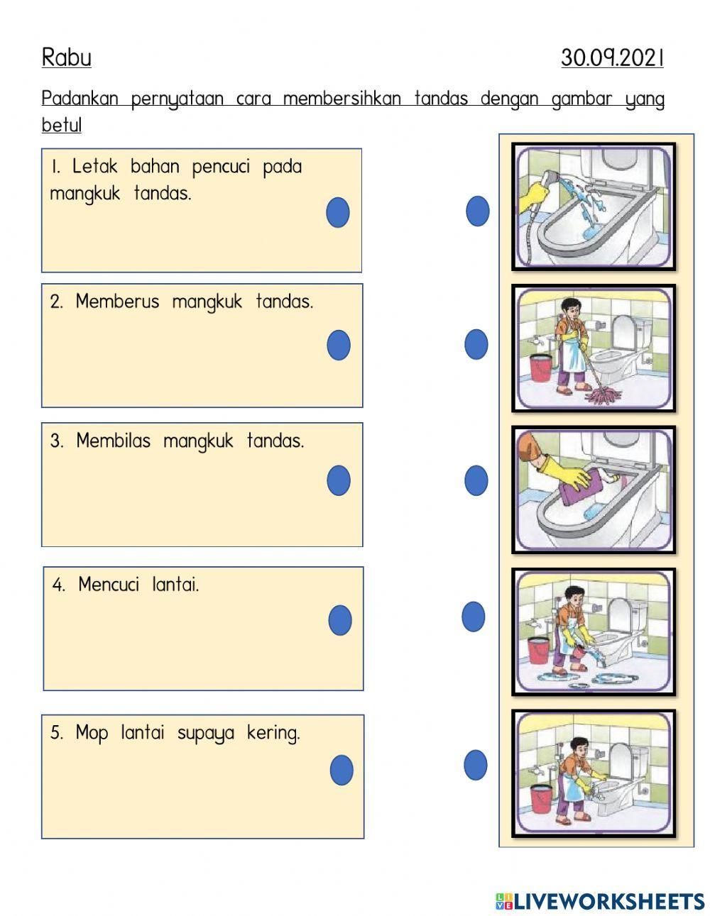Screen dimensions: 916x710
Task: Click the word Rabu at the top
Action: coord(66,57)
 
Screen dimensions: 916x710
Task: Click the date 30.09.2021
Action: coord(611,57)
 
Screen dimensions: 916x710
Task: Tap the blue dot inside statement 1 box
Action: coord(338,212)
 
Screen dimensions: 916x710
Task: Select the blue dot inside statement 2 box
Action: coord(339,346)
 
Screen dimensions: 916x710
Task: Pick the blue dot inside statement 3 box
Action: coord(339,480)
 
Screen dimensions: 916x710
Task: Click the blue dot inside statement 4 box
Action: coord(340,620)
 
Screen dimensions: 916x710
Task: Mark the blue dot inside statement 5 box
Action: coord(342,770)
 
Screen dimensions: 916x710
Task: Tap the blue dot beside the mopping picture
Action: coord(476,344)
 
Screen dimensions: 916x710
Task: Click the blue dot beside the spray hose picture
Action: coord(478,211)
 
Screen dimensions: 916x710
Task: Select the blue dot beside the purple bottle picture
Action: coord(476,480)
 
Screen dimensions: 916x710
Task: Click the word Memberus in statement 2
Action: coord(117,302)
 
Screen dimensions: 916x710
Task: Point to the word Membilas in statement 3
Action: coord(113,441)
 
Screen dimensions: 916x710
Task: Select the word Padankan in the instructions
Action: coord(80,98)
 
